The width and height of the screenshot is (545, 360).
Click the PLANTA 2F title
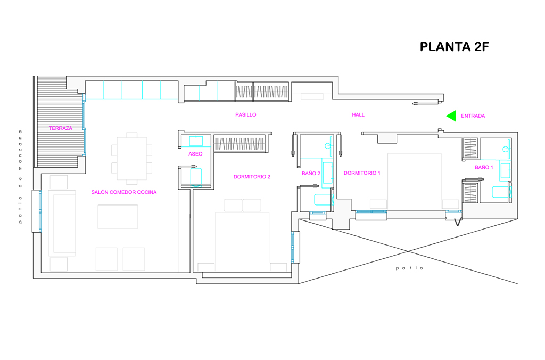[x=455, y=47]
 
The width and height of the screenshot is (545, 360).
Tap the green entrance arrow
[x=452, y=116]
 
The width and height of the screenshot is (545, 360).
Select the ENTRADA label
[x=473, y=116]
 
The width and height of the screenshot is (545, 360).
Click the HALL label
[x=358, y=115]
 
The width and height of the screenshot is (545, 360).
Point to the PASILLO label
[x=246, y=115]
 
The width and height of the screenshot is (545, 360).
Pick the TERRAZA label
[x=61, y=128]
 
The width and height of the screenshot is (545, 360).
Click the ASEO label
[x=195, y=154]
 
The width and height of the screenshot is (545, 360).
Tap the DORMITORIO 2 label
[x=252, y=177]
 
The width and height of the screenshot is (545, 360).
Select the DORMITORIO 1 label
[x=362, y=173]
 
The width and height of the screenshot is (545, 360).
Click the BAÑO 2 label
[x=311, y=173]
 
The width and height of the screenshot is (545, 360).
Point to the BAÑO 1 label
[x=484, y=167]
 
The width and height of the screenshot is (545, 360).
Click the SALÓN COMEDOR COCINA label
[x=123, y=192]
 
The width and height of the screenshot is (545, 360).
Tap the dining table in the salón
[x=132, y=159]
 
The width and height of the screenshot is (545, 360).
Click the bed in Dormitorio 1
[x=414, y=181]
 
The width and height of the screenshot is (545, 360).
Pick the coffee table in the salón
[x=118, y=217]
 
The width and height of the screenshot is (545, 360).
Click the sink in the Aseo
[x=196, y=141]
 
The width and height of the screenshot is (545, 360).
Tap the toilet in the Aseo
[x=196, y=177]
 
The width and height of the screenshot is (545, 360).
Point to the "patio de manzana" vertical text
[x=21, y=177]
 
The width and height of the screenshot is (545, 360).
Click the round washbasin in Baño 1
[x=505, y=149]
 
